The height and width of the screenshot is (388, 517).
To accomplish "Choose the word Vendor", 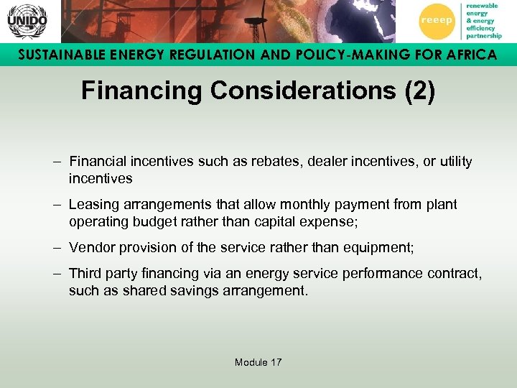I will click(89, 247).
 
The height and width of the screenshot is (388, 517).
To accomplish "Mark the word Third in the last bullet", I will click(84, 273).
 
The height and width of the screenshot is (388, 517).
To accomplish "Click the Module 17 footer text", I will click(258, 362).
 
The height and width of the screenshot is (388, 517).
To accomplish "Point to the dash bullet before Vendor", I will click(57, 247).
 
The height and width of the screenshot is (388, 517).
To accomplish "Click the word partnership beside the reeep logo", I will click(484, 35).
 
